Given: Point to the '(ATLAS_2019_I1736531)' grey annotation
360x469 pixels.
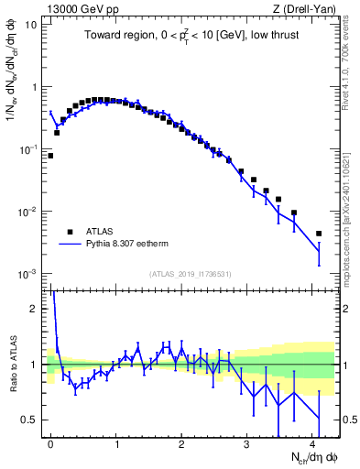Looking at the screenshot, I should click(x=189, y=274).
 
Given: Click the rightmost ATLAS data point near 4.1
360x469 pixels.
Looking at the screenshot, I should click(x=319, y=234).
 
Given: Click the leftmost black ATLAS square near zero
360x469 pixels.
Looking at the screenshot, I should click(x=50, y=156).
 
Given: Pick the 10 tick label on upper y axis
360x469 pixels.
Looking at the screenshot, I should click(x=29, y=25).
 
